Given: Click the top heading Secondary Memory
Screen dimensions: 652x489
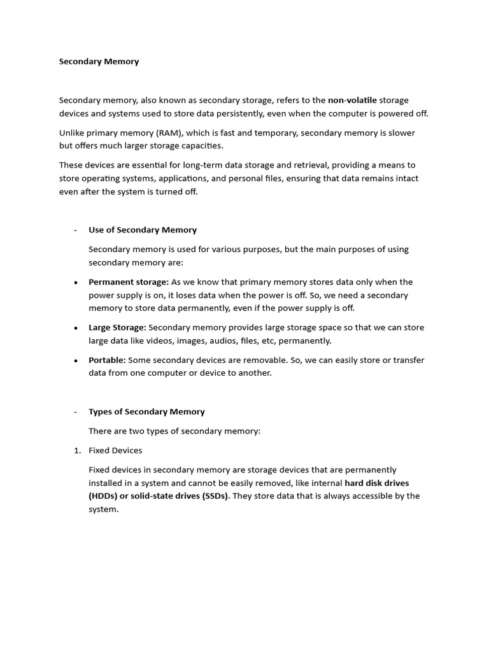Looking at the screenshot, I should pyautogui.click(x=99, y=62).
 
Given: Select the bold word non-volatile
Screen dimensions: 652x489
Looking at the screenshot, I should pyautogui.click(x=352, y=101).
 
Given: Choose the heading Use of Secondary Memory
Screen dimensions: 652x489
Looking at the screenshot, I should pyautogui.click(x=143, y=230).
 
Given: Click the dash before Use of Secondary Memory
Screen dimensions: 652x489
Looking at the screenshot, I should pyautogui.click(x=76, y=230).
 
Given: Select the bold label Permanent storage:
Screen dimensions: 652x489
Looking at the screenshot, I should pyautogui.click(x=129, y=282).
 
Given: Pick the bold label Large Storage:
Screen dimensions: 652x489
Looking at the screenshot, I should pyautogui.click(x=117, y=327).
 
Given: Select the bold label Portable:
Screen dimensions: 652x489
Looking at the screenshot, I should pyautogui.click(x=107, y=360).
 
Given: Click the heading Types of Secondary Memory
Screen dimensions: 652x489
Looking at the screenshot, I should pyautogui.click(x=146, y=412).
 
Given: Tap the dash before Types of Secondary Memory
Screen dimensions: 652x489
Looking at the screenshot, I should pyautogui.click(x=76, y=412).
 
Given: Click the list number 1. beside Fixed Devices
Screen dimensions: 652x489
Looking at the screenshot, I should pyautogui.click(x=77, y=451).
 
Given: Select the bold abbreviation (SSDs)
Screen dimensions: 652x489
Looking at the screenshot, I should pyautogui.click(x=215, y=496).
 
